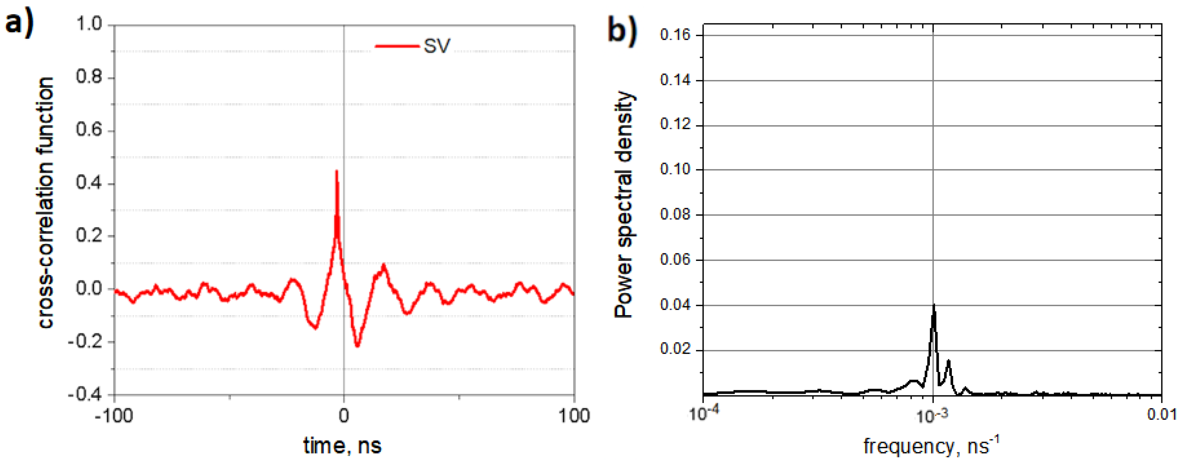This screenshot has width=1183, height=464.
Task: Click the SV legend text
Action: [437, 46]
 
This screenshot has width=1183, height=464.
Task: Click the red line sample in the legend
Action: [397, 46]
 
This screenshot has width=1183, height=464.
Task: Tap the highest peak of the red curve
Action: [337, 172]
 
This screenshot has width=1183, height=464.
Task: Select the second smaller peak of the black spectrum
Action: [948, 362]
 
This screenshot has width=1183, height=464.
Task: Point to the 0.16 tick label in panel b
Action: [675, 35]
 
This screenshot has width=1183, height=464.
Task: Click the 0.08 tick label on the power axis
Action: [675, 215]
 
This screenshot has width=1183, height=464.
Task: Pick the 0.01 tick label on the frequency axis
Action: [1161, 415]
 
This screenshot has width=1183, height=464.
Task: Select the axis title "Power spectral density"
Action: [624, 204]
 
